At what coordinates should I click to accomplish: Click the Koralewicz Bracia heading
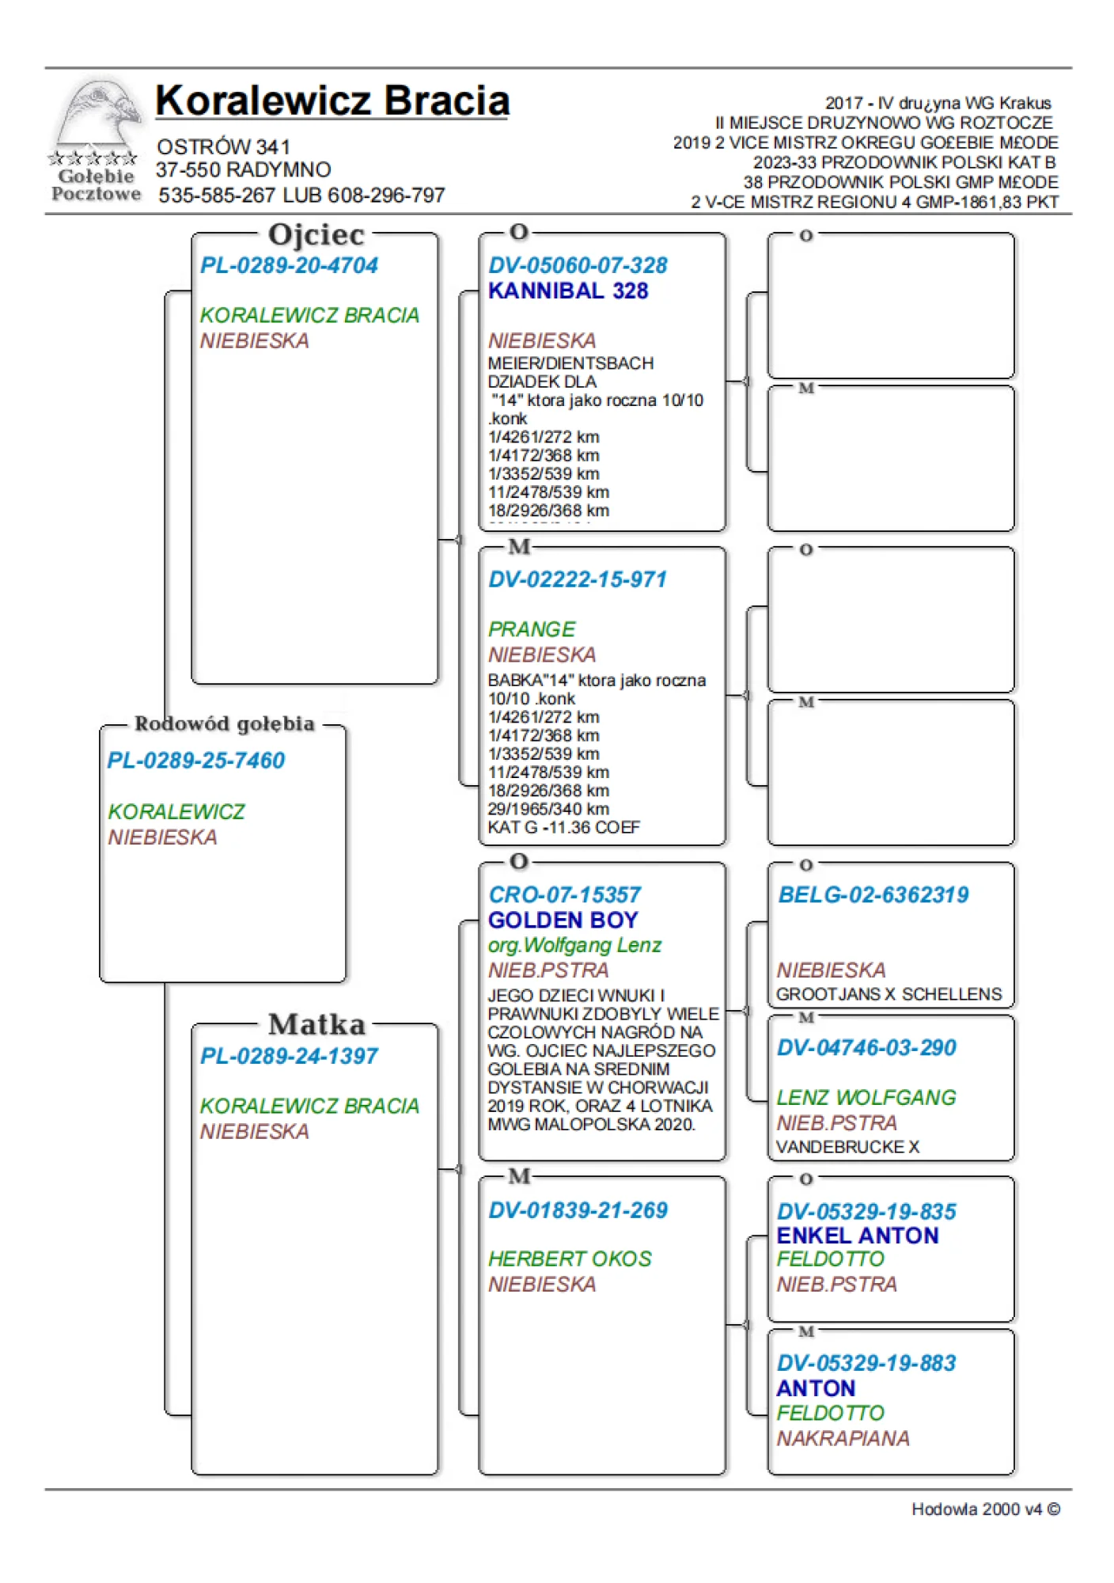332,101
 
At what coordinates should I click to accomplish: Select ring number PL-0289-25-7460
195,761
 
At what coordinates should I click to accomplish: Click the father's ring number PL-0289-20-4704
289,265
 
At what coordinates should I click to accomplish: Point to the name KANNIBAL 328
568,291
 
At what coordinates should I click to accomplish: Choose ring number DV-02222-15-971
578,579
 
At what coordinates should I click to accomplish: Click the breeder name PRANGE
532,629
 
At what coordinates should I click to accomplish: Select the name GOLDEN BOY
563,920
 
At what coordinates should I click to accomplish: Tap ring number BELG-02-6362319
873,895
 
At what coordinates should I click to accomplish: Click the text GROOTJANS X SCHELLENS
889,994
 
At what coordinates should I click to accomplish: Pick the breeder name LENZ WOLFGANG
866,1098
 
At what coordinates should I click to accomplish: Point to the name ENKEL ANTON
858,1236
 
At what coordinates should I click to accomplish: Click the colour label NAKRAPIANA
843,1438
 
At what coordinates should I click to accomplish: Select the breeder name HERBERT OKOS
570,1259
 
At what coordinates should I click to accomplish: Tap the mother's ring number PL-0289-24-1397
289,1056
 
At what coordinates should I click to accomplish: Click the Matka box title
316,1024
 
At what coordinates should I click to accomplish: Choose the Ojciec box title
316,235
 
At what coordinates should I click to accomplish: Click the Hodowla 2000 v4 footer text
985,1509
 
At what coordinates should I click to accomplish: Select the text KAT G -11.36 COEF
564,828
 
